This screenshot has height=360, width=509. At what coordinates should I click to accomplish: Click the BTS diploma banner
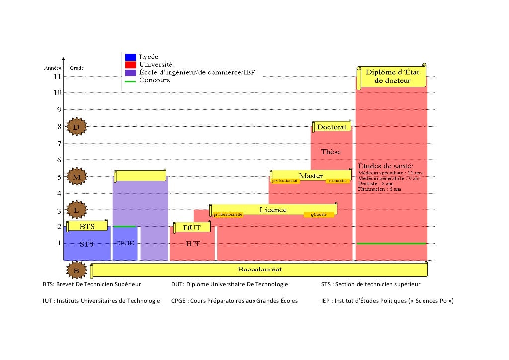(87, 226)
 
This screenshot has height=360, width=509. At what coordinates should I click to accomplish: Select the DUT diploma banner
(192, 228)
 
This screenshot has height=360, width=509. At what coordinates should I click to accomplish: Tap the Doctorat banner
(332, 127)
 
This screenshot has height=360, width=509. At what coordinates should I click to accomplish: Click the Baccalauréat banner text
(259, 269)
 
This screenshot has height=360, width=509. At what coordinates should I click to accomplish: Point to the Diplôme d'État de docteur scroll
(392, 76)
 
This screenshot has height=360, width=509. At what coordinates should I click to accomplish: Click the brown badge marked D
(77, 127)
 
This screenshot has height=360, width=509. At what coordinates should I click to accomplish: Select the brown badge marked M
(77, 177)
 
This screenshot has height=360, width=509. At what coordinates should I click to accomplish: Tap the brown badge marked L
(77, 210)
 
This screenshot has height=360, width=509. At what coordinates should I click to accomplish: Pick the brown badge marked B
(77, 270)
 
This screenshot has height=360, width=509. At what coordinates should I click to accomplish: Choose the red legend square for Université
(131, 65)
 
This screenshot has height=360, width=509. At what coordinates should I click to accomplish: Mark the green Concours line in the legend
(131, 81)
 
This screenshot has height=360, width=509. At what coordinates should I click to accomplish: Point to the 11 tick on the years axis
(58, 77)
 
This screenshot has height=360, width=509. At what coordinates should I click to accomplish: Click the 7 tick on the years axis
(58, 143)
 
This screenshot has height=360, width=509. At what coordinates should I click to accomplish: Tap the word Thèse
(331, 152)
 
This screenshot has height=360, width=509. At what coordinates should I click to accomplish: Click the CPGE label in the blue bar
(125, 243)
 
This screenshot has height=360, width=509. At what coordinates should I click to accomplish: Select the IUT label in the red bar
(193, 244)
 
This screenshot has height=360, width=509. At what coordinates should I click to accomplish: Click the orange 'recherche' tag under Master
(338, 181)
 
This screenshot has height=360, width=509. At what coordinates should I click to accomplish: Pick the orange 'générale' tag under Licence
(319, 214)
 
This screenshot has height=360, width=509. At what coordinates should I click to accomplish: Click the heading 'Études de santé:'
(386, 166)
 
